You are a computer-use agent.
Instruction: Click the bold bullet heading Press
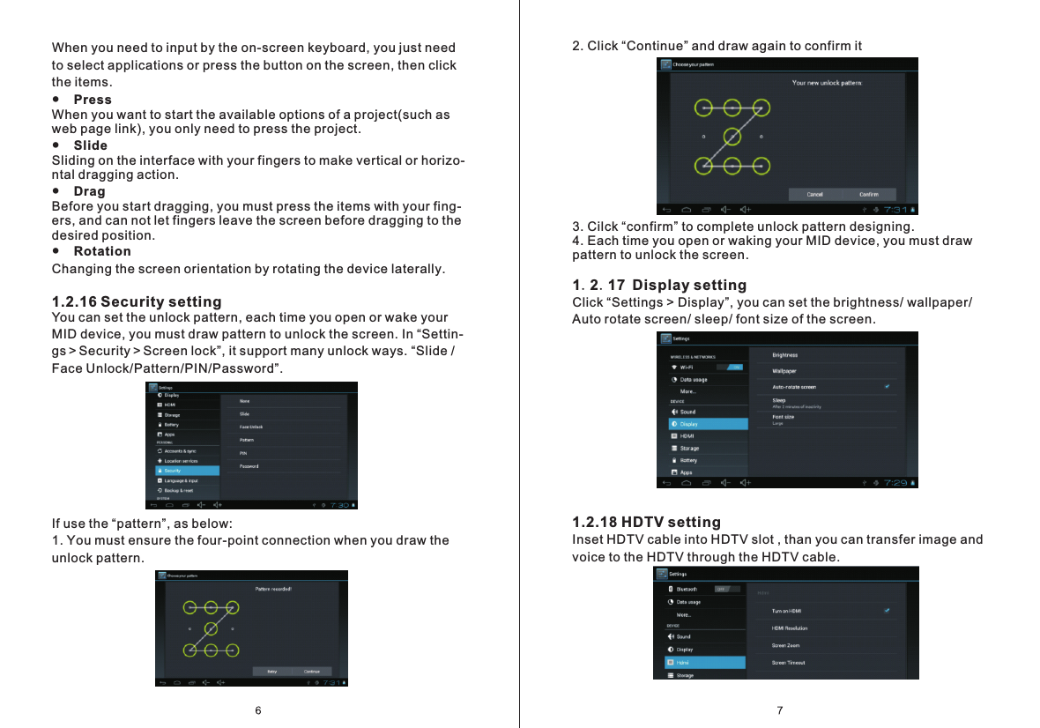click(93, 100)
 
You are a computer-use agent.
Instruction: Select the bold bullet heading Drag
click(89, 191)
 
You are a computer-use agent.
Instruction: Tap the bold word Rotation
click(102, 251)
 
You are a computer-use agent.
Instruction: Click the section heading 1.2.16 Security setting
click(137, 302)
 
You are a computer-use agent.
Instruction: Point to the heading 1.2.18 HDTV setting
click(646, 523)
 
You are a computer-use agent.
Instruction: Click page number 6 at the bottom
click(258, 710)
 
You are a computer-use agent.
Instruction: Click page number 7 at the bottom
click(780, 710)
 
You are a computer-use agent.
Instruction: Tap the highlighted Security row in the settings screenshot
click(185, 471)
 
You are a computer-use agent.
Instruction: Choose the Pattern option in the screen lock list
click(247, 440)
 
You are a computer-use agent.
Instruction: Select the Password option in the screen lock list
click(249, 466)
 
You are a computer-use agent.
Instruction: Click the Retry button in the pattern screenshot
click(271, 671)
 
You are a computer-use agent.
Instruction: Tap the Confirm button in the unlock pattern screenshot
click(868, 194)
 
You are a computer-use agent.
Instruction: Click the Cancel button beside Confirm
click(815, 194)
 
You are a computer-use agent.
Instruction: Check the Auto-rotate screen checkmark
click(888, 386)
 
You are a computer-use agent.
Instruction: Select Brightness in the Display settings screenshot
click(784, 355)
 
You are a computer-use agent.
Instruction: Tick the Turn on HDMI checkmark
click(888, 610)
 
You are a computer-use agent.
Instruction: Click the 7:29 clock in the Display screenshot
click(895, 482)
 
